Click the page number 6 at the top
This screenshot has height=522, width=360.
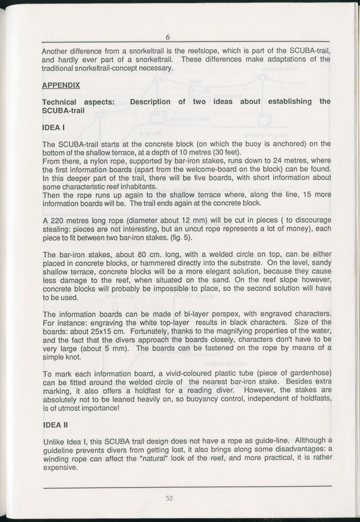coord(167,37)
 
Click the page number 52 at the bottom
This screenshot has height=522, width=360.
coord(170,498)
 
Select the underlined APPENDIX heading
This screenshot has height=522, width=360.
coord(61,85)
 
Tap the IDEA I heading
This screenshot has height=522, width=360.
coord(53,128)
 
